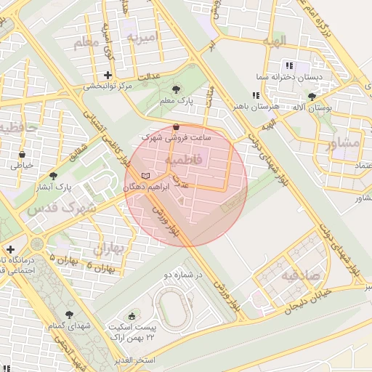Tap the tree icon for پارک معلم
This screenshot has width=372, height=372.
coord(178,89)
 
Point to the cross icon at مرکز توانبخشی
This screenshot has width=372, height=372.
coord(108,75)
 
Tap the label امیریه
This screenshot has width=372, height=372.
coord(142,36)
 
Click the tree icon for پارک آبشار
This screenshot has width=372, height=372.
coord(53,175)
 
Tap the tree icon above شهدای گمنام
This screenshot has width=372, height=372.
coord(69,315)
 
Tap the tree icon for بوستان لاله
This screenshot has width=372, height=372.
coord(312,96)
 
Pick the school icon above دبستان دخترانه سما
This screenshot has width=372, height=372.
coord(289,65)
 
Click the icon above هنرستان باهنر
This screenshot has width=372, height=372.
coord(254,95)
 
